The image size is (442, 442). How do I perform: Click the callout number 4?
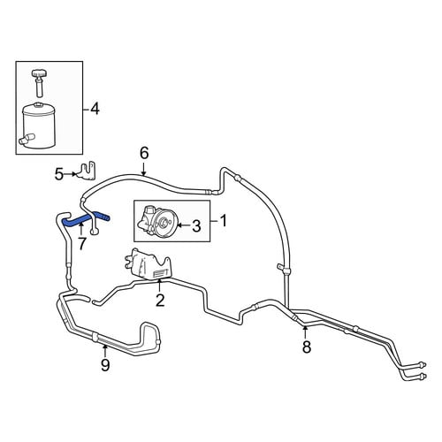click(95, 110)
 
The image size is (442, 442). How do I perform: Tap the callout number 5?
click(59, 174)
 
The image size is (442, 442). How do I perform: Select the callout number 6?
click(144, 153)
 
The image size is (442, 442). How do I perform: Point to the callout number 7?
click(82, 243)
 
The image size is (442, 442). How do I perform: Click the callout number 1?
click(224, 221)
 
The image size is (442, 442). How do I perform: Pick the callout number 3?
click(196, 226)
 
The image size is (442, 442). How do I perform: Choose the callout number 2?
click(160, 301)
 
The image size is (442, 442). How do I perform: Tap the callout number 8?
click(307, 347)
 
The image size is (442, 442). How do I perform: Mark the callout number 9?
click(105, 365)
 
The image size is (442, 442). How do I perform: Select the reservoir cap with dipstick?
click(38, 82)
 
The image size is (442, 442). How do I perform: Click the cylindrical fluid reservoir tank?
click(38, 125)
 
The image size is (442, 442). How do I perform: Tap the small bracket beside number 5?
click(87, 171)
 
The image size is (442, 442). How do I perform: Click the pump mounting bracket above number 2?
click(147, 264)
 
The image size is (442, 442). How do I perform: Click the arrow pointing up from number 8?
click(305, 332)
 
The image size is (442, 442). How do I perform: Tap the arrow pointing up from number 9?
click(104, 351)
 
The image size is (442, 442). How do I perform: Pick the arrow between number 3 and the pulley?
click(184, 225)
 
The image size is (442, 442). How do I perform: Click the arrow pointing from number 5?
click(71, 174)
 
